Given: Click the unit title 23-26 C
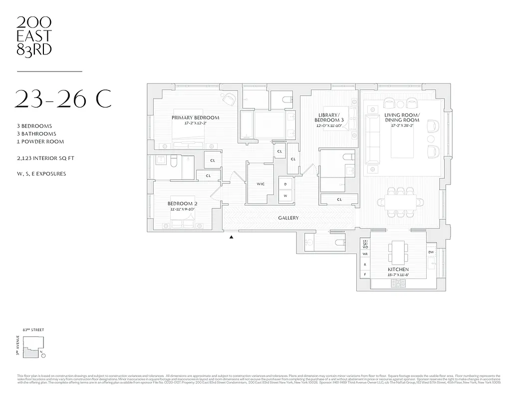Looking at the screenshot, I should (x=64, y=99).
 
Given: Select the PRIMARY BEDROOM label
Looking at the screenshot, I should (x=195, y=118).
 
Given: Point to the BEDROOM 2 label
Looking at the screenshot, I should (x=182, y=203).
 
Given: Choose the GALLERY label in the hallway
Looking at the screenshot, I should (x=288, y=218).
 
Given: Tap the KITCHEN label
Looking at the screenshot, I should (x=398, y=269).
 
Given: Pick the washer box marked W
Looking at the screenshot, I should (x=285, y=195).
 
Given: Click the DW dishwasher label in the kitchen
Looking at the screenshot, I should (x=431, y=252).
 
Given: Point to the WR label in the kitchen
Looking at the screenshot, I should (x=365, y=254).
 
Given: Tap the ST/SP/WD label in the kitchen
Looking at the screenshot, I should (x=365, y=243).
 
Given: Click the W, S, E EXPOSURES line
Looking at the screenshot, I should (x=41, y=174).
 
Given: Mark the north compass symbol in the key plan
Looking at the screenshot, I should (x=42, y=355).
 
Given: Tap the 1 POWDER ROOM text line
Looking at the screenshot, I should (x=40, y=141).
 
